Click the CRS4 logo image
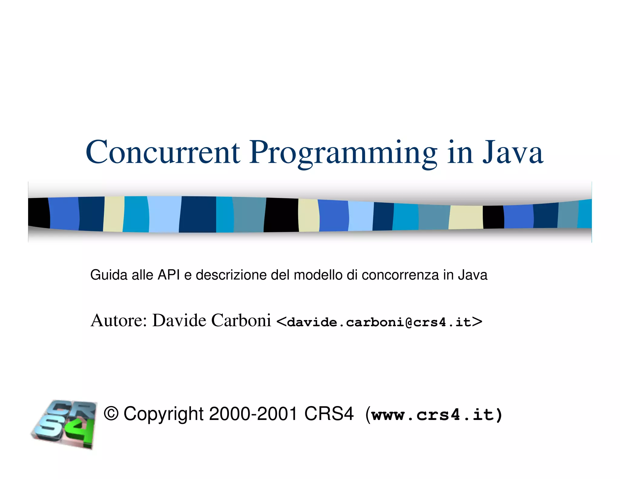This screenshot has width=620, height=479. pos(64,424)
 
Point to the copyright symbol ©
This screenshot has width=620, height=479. pos(111,414)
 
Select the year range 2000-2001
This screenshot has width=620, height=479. pos(253,414)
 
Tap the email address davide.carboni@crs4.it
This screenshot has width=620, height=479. pos(379,322)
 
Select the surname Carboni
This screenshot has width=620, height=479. pos(241,320)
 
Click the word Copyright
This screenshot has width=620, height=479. pos(163,414)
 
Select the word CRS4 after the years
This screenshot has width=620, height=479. pos(329,414)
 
